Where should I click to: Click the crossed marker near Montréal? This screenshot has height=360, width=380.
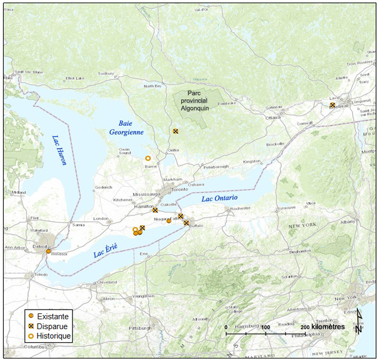click(332, 105)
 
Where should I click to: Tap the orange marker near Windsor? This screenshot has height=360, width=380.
click(48, 251)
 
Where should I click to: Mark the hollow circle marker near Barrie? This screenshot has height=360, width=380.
click(148, 158)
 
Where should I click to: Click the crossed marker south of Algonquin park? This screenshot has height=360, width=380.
click(175, 131)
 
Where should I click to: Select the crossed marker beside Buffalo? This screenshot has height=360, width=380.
click(186, 223)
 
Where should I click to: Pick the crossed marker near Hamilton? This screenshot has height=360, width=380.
click(155, 210)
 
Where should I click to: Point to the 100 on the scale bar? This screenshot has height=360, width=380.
click(265, 327)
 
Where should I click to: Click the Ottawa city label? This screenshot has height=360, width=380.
click(272, 118)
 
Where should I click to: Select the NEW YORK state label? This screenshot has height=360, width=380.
click(302, 225)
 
